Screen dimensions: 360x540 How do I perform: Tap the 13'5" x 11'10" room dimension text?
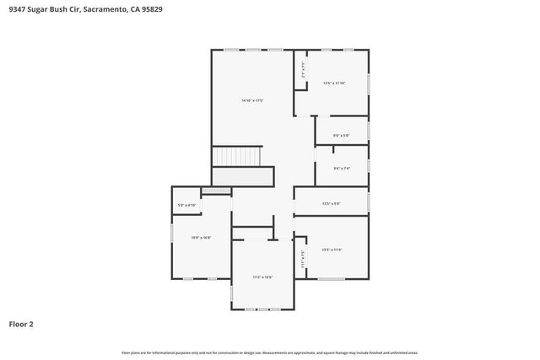point(335,83)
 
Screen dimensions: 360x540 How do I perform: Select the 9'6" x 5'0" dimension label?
point(341,135)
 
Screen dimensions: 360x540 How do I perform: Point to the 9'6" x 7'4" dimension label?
point(341,168)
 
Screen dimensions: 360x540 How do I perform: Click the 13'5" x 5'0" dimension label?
point(331,203)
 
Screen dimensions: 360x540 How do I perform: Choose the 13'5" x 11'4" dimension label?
point(332,250)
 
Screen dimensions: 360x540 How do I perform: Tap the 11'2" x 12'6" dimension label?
point(262,277)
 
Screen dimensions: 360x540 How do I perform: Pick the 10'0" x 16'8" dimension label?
point(201,238)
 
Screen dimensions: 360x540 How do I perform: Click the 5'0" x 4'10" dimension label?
point(186,205)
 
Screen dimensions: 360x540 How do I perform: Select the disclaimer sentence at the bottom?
point(270,352)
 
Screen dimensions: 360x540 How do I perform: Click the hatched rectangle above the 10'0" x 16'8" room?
point(216,191)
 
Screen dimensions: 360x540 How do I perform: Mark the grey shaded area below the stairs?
point(243,176)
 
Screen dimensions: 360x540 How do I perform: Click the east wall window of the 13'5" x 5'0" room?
point(369,202)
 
